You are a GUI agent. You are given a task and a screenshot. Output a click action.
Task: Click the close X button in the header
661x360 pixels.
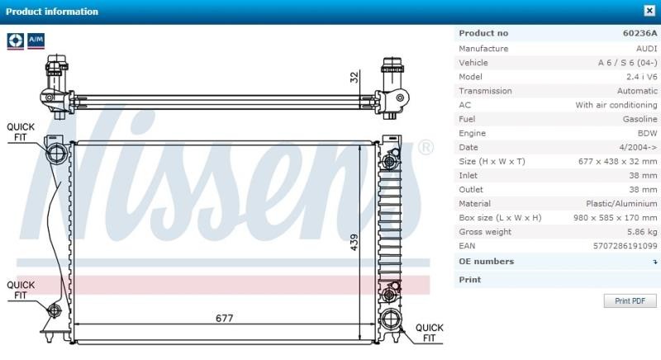(649, 11)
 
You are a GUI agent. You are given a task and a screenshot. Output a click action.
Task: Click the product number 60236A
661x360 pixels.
(640, 33)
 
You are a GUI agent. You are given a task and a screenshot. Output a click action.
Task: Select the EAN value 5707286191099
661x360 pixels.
(625, 246)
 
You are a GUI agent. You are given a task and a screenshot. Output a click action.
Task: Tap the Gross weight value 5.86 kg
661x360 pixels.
(642, 231)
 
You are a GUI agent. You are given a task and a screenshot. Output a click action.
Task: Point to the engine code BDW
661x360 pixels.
(647, 133)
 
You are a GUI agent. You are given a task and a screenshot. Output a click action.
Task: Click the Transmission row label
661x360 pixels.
(485, 91)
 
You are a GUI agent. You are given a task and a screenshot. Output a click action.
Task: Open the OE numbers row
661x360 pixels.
(555, 262)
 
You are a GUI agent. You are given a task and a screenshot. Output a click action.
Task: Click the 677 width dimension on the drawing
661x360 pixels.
(224, 319)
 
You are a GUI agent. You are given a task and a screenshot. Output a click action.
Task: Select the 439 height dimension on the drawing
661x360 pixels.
(354, 242)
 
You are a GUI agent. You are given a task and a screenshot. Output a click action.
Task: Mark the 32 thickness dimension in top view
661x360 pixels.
(354, 77)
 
